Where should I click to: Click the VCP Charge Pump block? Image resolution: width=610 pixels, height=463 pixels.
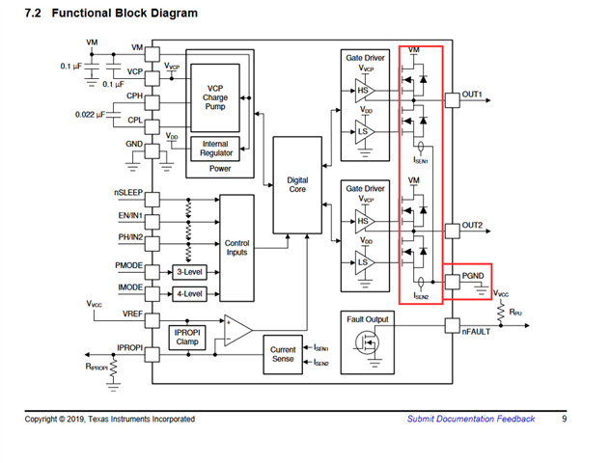[x=215, y=97]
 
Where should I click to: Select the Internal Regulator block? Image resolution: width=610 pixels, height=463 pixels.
[x=215, y=149]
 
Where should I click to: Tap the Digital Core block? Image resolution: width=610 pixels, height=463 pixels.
[x=298, y=185]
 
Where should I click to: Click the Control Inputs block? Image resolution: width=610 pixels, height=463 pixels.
[x=236, y=248]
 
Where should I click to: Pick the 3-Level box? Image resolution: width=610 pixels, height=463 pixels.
[x=188, y=272]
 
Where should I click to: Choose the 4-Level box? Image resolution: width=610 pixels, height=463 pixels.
[x=188, y=293]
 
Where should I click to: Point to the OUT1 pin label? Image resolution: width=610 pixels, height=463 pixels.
[x=472, y=94]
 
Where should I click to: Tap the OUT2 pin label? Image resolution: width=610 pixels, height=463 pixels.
[x=472, y=225]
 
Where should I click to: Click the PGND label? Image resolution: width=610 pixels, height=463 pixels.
[x=473, y=276]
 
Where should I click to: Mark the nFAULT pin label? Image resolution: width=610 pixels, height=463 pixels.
[x=477, y=331]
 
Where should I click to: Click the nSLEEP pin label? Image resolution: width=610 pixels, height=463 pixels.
[x=128, y=193]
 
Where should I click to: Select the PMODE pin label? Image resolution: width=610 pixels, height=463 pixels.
[x=129, y=264]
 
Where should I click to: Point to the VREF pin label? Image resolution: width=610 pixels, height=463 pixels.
[x=130, y=314]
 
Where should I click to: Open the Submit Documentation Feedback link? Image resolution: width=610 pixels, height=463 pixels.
[x=470, y=419]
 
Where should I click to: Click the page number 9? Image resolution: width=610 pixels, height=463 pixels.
[x=565, y=419]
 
